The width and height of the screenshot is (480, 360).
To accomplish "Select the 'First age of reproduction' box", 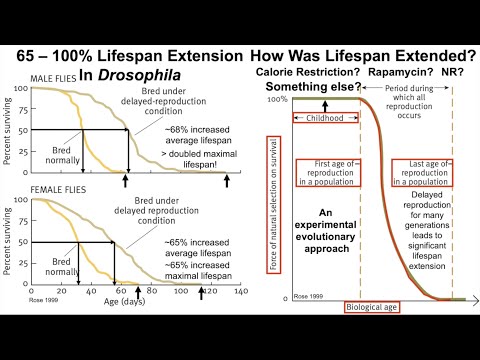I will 318,172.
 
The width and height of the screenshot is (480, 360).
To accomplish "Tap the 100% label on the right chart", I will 276,99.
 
